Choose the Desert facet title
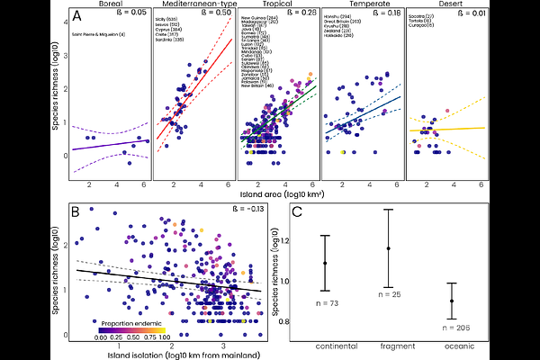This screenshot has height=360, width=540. pyautogui.click(x=447, y=4)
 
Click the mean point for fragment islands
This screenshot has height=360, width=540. pyautogui.click(x=389, y=248)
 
